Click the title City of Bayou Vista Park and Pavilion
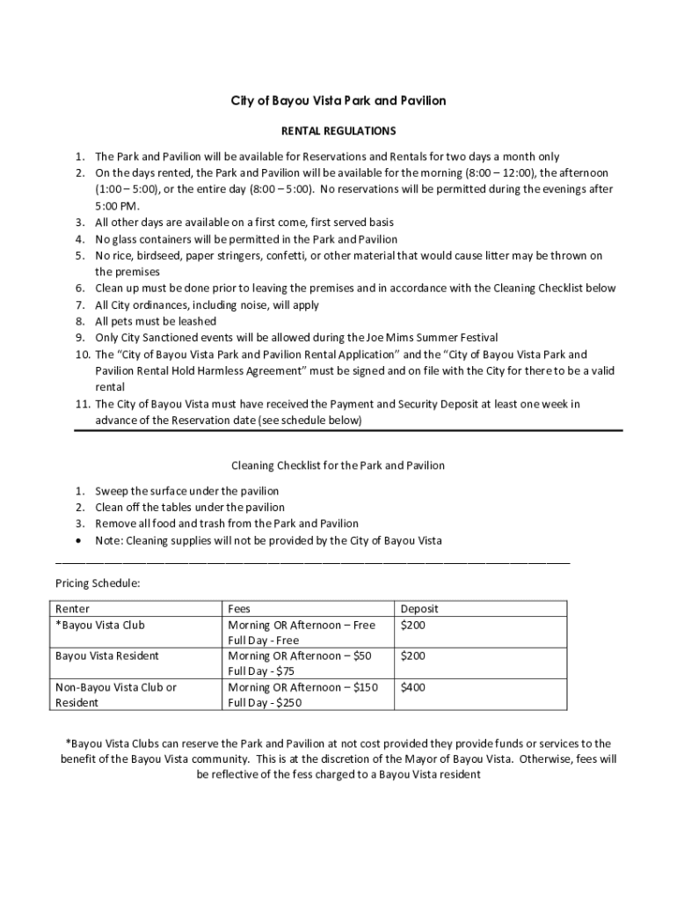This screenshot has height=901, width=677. [x=338, y=101]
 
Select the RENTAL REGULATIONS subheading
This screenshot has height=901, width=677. [x=338, y=131]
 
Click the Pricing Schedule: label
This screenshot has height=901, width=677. [x=98, y=582]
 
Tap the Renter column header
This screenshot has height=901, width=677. [x=72, y=609]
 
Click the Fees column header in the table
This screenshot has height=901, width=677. [x=239, y=609]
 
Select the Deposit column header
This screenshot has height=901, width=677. [x=419, y=609]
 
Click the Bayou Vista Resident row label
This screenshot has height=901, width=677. [x=107, y=656]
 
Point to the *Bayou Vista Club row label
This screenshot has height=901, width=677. [x=99, y=625]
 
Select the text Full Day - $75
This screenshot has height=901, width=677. [x=260, y=671]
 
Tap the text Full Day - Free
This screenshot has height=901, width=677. [x=263, y=641]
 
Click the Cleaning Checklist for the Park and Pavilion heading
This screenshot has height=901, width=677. [x=338, y=465]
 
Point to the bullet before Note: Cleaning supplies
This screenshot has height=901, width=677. [x=80, y=540]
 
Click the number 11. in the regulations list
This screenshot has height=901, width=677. [x=81, y=404]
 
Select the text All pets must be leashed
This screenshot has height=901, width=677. [x=156, y=321]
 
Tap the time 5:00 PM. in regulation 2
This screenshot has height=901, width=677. [x=117, y=206]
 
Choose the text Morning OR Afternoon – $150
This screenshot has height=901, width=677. [x=302, y=687]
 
